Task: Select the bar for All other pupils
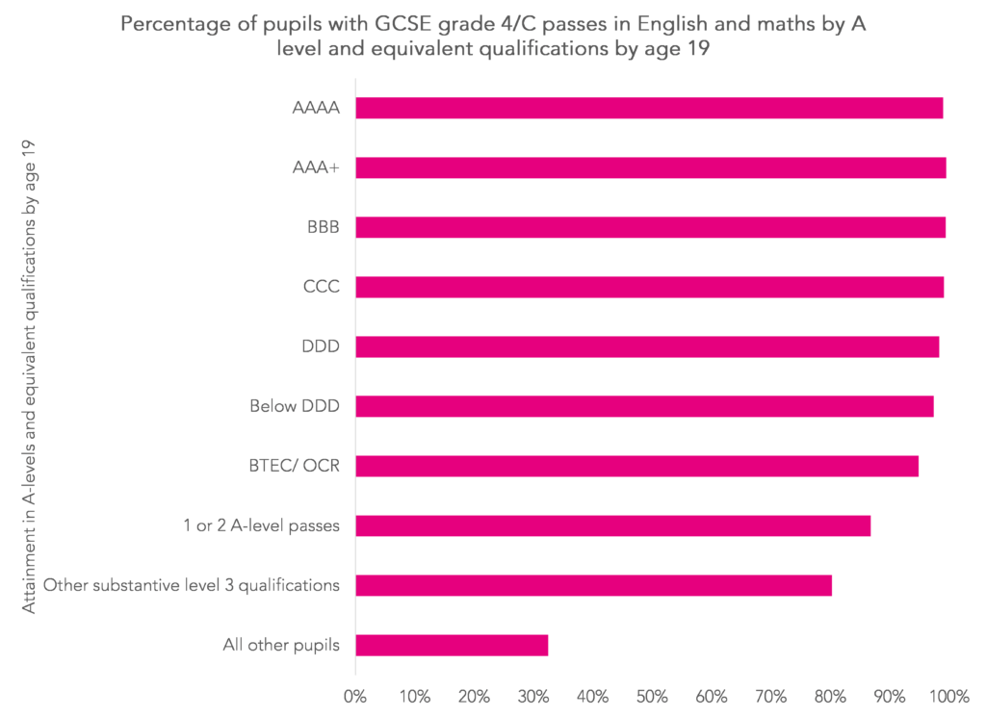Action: tap(452, 645)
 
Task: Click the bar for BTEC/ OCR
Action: tap(636, 466)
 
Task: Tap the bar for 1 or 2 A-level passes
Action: tap(612, 525)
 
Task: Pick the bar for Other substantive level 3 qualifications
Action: tap(593, 585)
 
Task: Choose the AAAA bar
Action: tap(649, 108)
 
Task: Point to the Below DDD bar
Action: tap(644, 406)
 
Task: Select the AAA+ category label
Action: tap(316, 167)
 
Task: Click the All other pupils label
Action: tap(281, 645)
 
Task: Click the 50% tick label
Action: tap(652, 695)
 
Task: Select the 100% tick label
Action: tap(948, 695)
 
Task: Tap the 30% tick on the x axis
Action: tap(533, 695)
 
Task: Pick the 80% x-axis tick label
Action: tap(830, 695)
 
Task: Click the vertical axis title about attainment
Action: tap(30, 376)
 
